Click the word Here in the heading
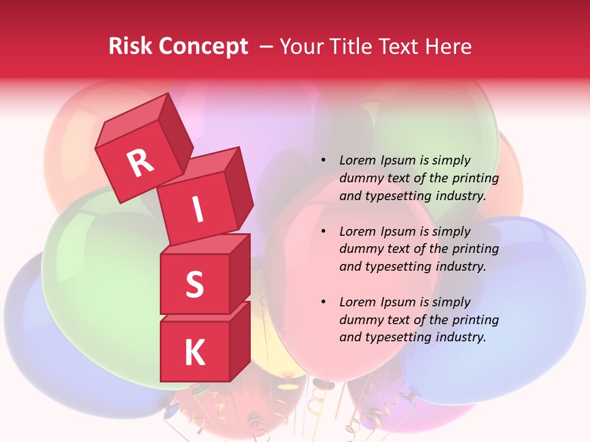(450, 47)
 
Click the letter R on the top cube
(141, 163)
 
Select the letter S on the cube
(194, 284)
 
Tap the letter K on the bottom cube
(194, 353)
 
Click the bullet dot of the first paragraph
(323, 161)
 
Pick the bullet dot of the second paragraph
(323, 232)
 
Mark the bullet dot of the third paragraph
(323, 303)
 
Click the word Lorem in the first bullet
(357, 161)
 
